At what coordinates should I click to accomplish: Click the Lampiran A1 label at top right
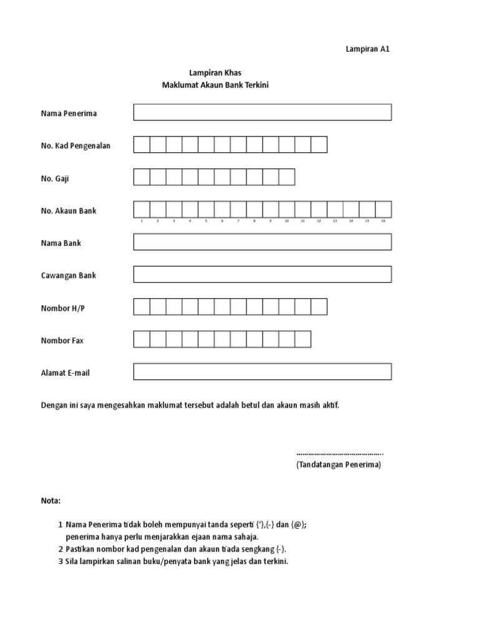coord(367,49)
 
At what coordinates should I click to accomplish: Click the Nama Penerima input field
coord(263,112)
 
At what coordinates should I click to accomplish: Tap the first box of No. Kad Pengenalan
coord(142,145)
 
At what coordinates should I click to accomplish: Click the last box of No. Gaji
coord(287,177)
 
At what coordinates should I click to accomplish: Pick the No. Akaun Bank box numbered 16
coord(384,209)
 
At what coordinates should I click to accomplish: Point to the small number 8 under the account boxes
coord(254,221)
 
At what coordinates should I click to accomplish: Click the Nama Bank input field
coord(263,242)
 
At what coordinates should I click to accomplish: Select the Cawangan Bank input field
coord(263,275)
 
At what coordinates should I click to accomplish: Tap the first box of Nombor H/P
coord(142,307)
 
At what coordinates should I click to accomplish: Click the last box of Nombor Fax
coord(303,339)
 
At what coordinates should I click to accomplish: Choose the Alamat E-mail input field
coord(263,372)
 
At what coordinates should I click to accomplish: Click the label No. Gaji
coord(55,178)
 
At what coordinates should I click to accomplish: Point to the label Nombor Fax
coord(62,341)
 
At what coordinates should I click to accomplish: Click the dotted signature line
coord(340,454)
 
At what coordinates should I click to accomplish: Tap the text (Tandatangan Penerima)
coord(339,466)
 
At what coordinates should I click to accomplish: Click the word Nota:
coord(51,501)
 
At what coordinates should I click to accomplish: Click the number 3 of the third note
coord(60,561)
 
